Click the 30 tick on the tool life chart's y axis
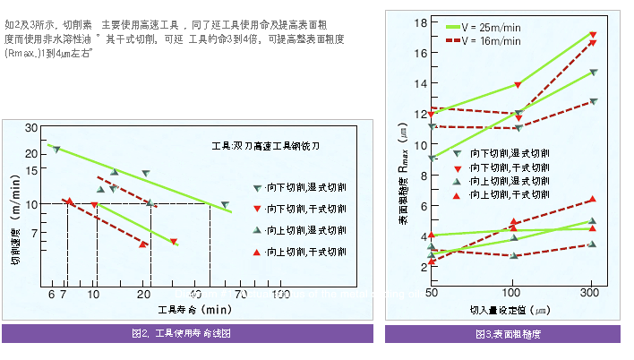[x=31, y=128]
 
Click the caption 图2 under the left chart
[x=182, y=333]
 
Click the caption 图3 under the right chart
[x=509, y=333]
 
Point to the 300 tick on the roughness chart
[x=592, y=292]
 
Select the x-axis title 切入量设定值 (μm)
[x=510, y=310]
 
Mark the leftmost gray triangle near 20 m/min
[x=56, y=149]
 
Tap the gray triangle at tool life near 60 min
[x=224, y=205]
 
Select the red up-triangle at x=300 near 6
[x=592, y=199]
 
